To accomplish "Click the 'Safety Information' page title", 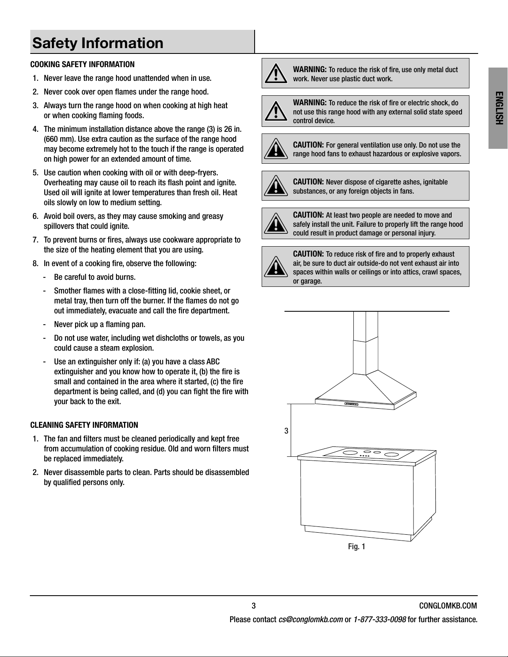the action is [98, 43].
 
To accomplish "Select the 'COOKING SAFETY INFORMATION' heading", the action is [82, 64].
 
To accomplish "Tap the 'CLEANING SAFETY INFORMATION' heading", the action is [84, 425].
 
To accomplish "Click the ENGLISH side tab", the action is [498, 108].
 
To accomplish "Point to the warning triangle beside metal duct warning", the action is [276, 73].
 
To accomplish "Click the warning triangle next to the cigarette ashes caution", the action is [276, 186].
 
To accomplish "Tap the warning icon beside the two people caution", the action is [276, 223].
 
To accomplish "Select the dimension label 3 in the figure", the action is [287, 431].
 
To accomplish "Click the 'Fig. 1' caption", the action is [357, 546].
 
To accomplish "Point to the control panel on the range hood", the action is [351, 404].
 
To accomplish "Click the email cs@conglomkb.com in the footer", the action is [311, 620].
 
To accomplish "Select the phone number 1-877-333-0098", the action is [380, 620].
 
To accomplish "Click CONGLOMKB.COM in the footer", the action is [448, 606].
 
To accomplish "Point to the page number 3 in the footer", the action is [254, 606].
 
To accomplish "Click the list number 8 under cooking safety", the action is [35, 263].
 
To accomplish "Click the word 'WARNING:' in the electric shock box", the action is [310, 102].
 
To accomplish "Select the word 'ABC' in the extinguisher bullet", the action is [213, 361].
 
